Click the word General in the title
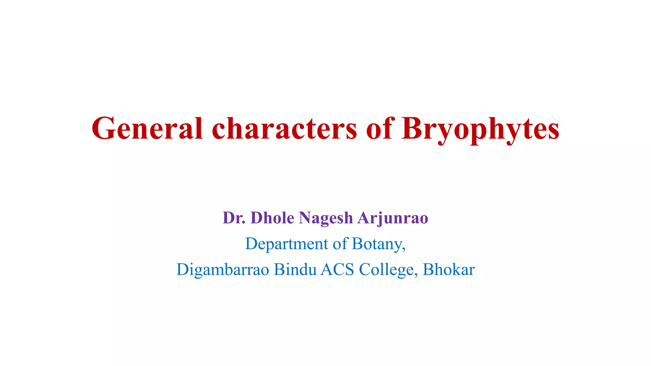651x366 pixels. pos(147,128)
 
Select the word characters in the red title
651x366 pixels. pos(284,128)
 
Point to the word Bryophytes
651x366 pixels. pos(480,130)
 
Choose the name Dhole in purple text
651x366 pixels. pos(272,218)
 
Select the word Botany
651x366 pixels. pos(377,245)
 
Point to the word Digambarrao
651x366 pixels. pos(223,270)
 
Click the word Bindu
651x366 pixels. pos(295,269)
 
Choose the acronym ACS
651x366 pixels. pos(337,270)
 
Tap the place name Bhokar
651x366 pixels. pos(449,269)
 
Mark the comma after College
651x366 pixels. pos(416,275)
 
